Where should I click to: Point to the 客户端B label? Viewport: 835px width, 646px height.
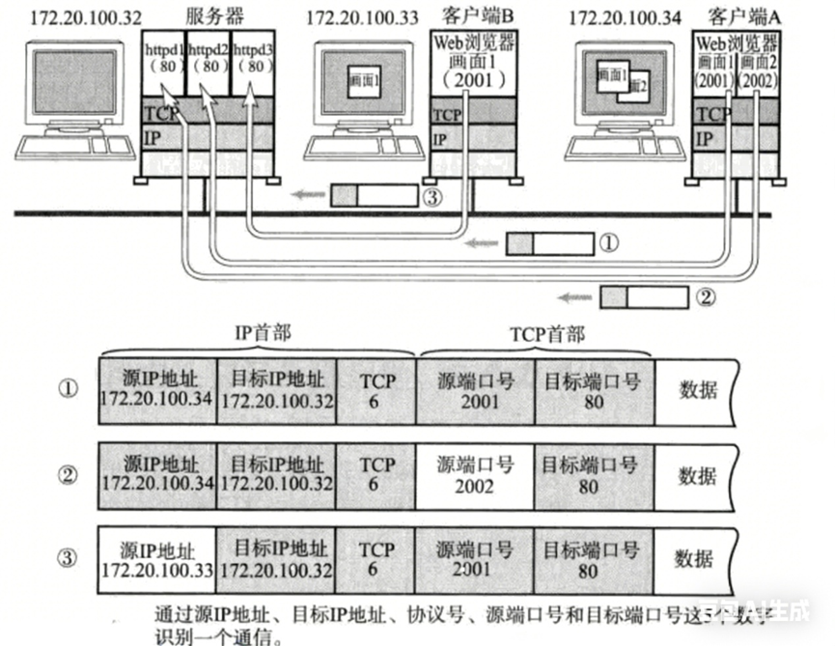click(x=473, y=16)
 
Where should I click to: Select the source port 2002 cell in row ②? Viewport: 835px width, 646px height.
click(x=475, y=475)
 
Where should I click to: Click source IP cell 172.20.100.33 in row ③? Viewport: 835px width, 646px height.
click(x=158, y=560)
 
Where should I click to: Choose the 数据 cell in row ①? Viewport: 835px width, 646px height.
click(x=697, y=390)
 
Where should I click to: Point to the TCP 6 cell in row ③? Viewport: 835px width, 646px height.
click(x=376, y=560)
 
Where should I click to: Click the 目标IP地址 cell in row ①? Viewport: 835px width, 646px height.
click(x=277, y=390)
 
